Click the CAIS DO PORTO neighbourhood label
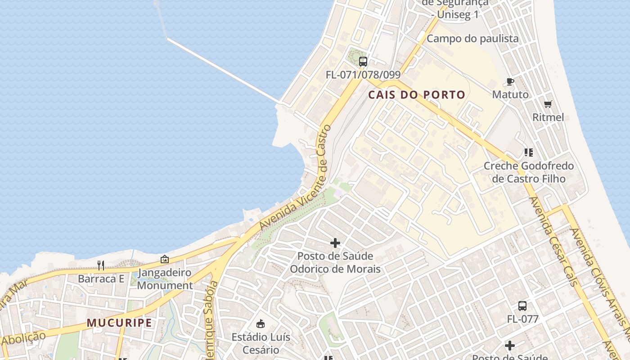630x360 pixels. pos(417,95)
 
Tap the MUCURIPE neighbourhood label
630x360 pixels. pos(119,323)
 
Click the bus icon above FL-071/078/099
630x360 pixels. pos(363,62)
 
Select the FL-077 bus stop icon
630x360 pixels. pos(522,306)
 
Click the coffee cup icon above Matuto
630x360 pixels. pos(510,81)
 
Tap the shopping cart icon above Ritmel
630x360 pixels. pos(548,104)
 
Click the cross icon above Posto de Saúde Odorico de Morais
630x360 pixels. pos(335,243)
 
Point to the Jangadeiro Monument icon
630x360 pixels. pos(165,260)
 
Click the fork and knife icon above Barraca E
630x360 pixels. pos(101,265)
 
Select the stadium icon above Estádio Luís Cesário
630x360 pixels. pos(261,324)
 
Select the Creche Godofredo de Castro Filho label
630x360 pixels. pos(528,172)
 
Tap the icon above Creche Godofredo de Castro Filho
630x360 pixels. pos(528,153)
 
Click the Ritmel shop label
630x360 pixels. pos(548,117)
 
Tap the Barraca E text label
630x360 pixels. pos(101,279)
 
